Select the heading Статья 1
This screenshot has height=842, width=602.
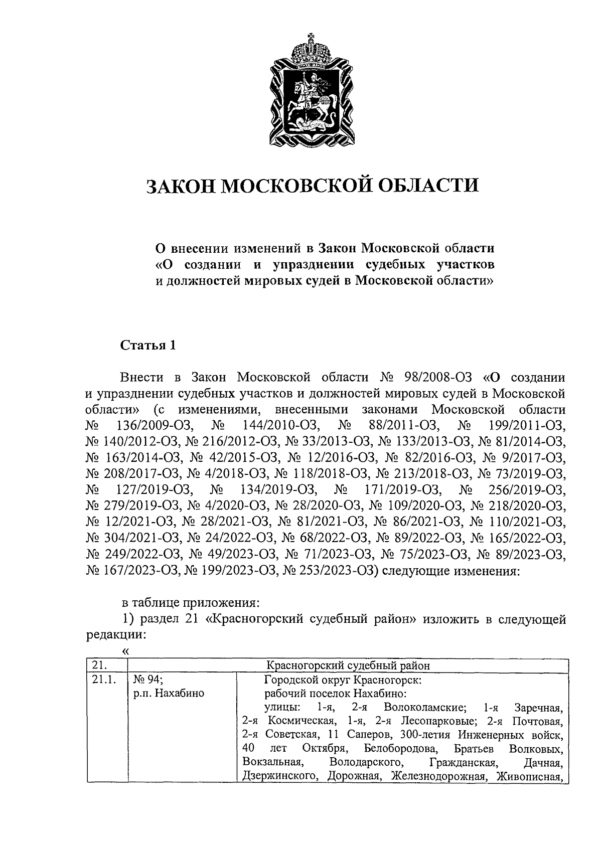(x=148, y=346)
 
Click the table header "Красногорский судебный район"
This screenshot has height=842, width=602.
(x=348, y=665)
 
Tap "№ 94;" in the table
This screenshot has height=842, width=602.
(x=147, y=681)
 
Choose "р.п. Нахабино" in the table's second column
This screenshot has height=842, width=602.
(x=169, y=694)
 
